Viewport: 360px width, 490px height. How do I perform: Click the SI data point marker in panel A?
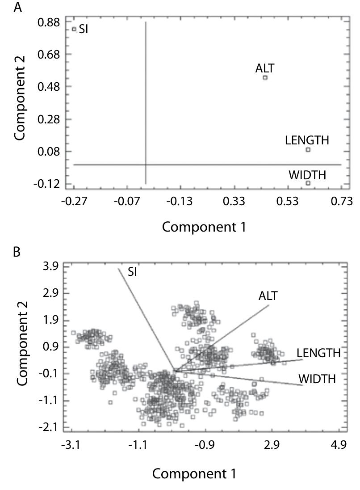(x=74, y=30)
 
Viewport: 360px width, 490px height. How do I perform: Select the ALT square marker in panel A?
(x=265, y=77)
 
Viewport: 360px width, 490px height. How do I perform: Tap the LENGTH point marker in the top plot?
(x=308, y=149)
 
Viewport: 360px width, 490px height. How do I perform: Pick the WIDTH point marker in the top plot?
(x=308, y=183)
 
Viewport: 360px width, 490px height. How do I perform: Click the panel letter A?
(x=18, y=7)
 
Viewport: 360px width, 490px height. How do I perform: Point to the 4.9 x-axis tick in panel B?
(x=339, y=445)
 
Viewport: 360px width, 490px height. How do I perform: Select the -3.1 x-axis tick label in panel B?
(x=71, y=445)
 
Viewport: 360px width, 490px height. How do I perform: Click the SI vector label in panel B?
(x=132, y=271)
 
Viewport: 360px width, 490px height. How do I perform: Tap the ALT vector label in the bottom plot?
(x=268, y=296)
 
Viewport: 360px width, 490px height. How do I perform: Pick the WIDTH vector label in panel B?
(x=317, y=380)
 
